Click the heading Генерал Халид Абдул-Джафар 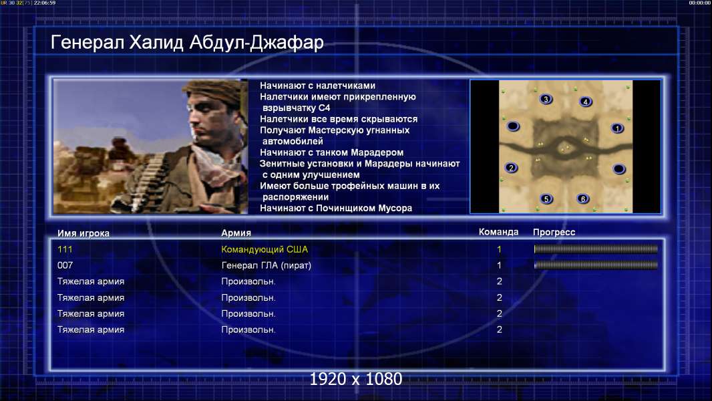(x=187, y=42)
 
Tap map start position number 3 (x=546, y=99)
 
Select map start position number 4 (x=585, y=102)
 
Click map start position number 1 (x=617, y=128)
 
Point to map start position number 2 (x=512, y=168)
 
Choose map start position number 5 (x=546, y=199)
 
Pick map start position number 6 (x=582, y=199)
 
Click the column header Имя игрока (x=83, y=233)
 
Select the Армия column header (x=236, y=233)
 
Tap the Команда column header (x=498, y=232)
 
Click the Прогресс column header (x=554, y=233)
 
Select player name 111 (x=65, y=249)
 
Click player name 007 (x=65, y=265)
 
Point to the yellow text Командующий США (x=264, y=249)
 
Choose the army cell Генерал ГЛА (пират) (x=266, y=265)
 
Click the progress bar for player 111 (x=596, y=249)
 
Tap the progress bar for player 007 (x=596, y=265)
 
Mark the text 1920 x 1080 (x=356, y=379)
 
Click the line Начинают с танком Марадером (x=331, y=152)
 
